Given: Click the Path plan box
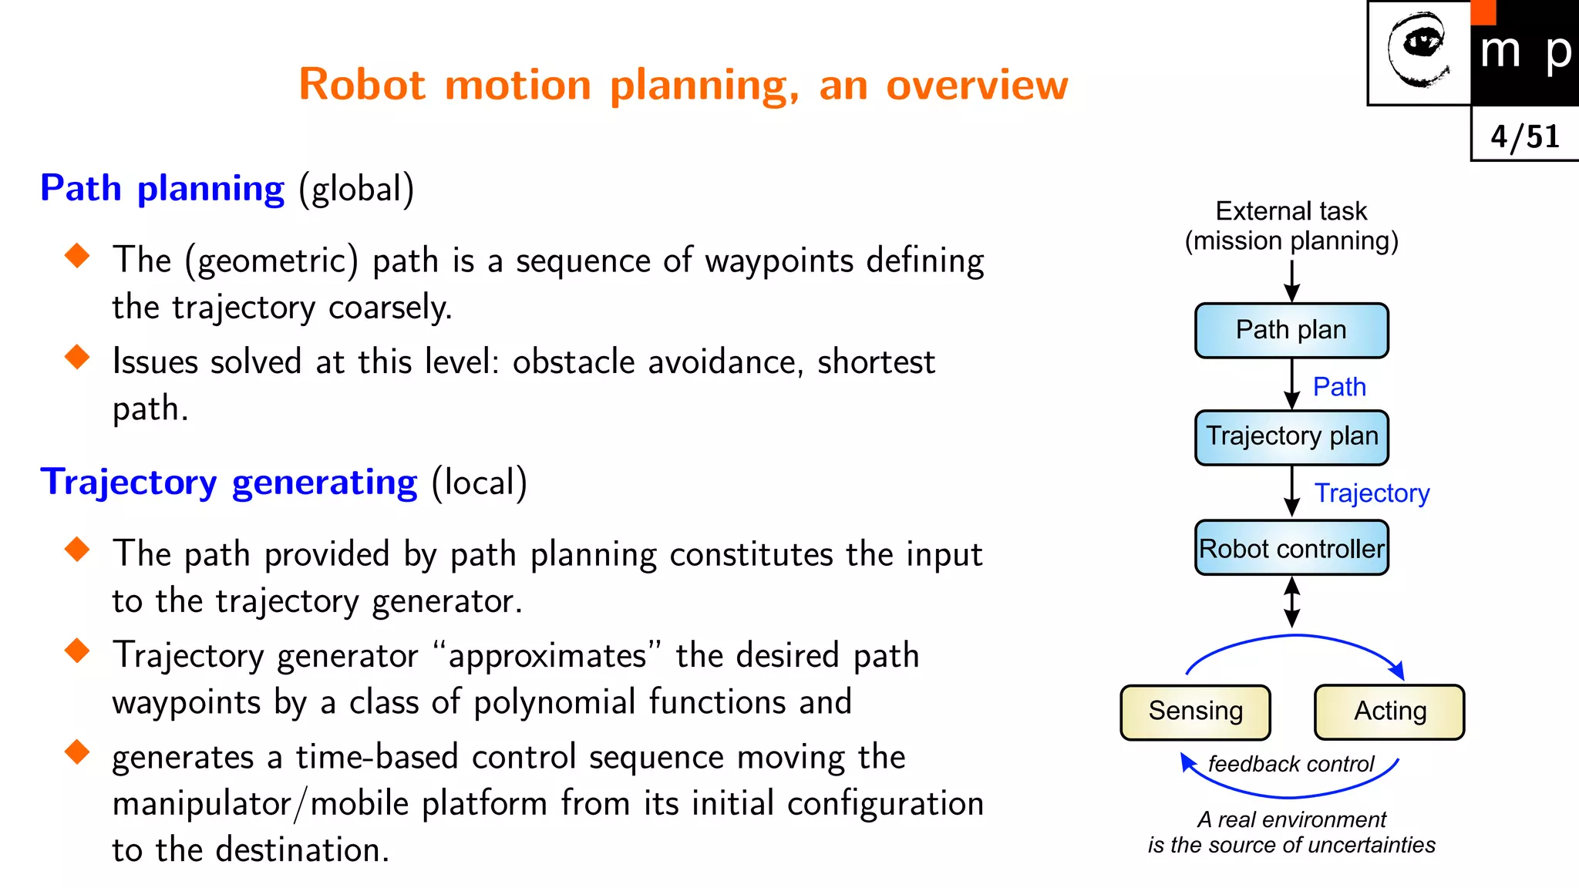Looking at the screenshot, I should [1291, 331].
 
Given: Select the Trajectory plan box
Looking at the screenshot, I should [1291, 437].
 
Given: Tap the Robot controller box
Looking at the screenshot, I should [1291, 548].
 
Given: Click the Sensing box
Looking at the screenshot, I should [1195, 711].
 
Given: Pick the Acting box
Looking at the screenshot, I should [1389, 711].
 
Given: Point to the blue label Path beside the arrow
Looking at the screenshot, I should [1339, 386].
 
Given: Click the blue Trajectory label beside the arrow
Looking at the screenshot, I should [1372, 493].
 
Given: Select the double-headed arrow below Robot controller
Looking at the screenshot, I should [1292, 602].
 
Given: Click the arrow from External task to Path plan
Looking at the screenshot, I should [1292, 281].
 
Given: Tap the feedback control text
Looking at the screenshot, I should [1291, 764].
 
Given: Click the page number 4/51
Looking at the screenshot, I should [1524, 136].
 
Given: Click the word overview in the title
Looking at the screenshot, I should [977, 85].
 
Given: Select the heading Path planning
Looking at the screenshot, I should [163, 189].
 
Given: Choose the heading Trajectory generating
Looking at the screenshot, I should [229, 483].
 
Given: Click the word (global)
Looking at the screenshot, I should [356, 189].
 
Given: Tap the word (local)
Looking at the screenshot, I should [479, 483].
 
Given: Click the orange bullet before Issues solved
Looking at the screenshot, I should [77, 357].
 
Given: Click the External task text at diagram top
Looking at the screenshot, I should [1291, 211].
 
